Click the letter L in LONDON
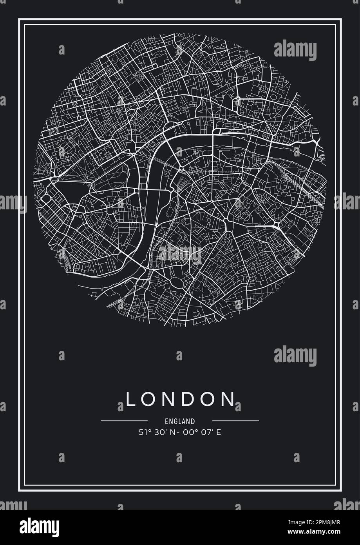coord(130,399)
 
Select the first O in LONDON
coord(147,399)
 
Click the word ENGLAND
coord(180,421)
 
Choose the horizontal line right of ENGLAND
coord(235,421)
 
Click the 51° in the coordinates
coord(144,433)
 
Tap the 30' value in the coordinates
coord(158,433)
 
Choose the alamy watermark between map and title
coord(295,356)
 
